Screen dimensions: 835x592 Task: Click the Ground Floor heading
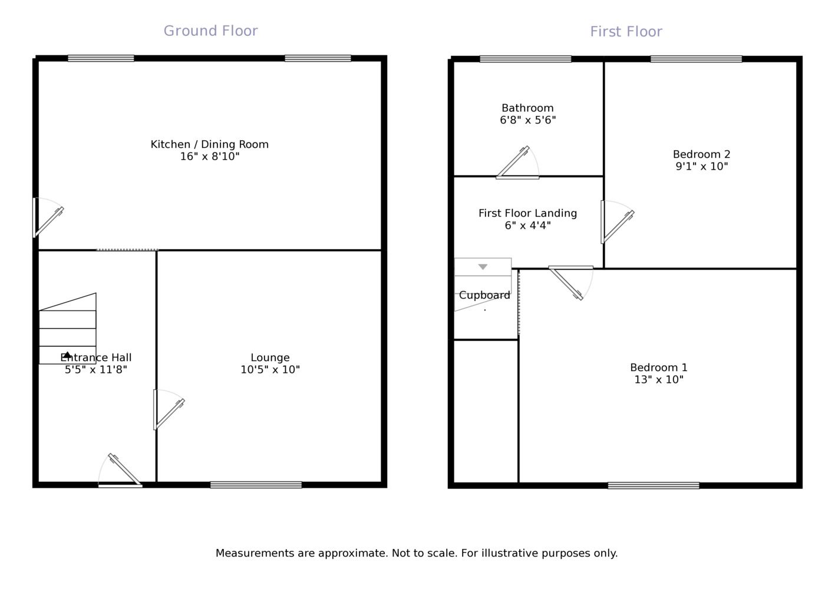pyautogui.click(x=210, y=31)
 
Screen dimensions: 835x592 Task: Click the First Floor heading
pyautogui.click(x=626, y=32)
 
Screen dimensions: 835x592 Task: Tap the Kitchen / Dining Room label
pyautogui.click(x=209, y=144)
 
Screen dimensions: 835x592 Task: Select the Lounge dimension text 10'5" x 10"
pyautogui.click(x=270, y=370)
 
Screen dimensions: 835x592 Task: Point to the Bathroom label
pyautogui.click(x=527, y=108)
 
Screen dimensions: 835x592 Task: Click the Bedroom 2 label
pyautogui.click(x=701, y=154)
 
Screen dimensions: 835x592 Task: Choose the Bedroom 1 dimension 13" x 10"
pyautogui.click(x=658, y=380)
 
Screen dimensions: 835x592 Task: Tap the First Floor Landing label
pyautogui.click(x=527, y=213)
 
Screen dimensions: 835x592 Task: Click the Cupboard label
pyautogui.click(x=484, y=296)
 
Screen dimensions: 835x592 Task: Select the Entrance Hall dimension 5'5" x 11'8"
pyautogui.click(x=96, y=370)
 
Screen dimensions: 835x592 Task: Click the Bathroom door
pyautogui.click(x=517, y=164)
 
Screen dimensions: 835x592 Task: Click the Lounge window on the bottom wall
pyautogui.click(x=256, y=485)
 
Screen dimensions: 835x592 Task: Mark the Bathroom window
pyautogui.click(x=525, y=59)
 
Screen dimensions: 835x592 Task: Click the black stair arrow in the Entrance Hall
pyautogui.click(x=67, y=355)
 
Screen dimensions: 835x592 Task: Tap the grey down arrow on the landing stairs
pyautogui.click(x=483, y=267)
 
